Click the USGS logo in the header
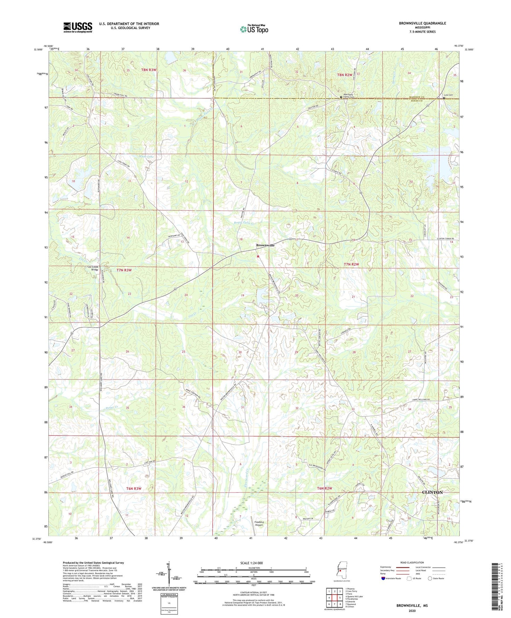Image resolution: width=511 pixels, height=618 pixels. (78, 27)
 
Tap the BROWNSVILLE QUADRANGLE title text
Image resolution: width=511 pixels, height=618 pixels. (422, 23)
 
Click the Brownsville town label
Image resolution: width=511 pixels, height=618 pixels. (265, 245)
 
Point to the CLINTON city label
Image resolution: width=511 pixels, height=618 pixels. (432, 492)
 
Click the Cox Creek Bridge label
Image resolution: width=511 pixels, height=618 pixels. (94, 268)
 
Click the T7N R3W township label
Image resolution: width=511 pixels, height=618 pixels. (124, 270)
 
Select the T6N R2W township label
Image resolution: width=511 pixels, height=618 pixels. (324, 488)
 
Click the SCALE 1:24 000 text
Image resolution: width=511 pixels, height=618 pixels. (251, 563)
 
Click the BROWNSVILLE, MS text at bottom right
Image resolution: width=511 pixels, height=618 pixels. (412, 606)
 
